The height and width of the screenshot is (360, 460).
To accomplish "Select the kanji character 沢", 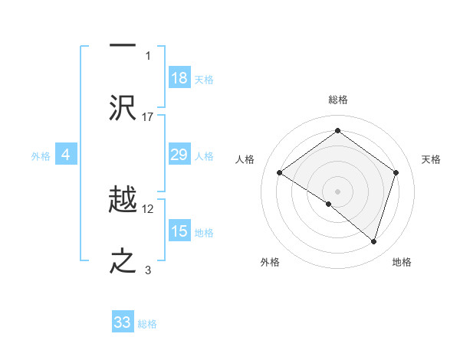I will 123,107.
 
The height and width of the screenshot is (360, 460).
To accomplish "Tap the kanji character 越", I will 123,199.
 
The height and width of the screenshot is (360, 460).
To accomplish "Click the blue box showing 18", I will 179,78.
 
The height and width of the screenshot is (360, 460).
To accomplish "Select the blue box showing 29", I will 179,155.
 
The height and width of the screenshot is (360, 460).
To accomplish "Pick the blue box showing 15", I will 179,231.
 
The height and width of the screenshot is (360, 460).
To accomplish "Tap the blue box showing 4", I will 66,155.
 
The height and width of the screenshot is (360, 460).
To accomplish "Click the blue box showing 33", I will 123,322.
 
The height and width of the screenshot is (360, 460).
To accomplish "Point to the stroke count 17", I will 149,116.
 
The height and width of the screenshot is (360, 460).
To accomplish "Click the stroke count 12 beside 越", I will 149,208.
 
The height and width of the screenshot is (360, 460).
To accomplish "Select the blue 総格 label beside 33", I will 147,324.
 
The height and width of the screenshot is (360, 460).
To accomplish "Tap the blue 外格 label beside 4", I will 41,156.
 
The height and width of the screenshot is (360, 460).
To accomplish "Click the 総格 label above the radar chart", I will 337,100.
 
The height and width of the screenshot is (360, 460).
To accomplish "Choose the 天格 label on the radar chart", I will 431,159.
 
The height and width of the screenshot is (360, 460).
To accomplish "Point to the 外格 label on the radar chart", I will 270,262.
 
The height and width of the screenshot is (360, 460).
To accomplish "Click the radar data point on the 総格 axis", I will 337,130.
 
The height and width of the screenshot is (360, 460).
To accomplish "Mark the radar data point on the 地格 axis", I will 373,241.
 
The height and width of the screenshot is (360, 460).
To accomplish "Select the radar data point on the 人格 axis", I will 279,173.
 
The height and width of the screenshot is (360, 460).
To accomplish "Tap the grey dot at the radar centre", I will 337,191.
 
